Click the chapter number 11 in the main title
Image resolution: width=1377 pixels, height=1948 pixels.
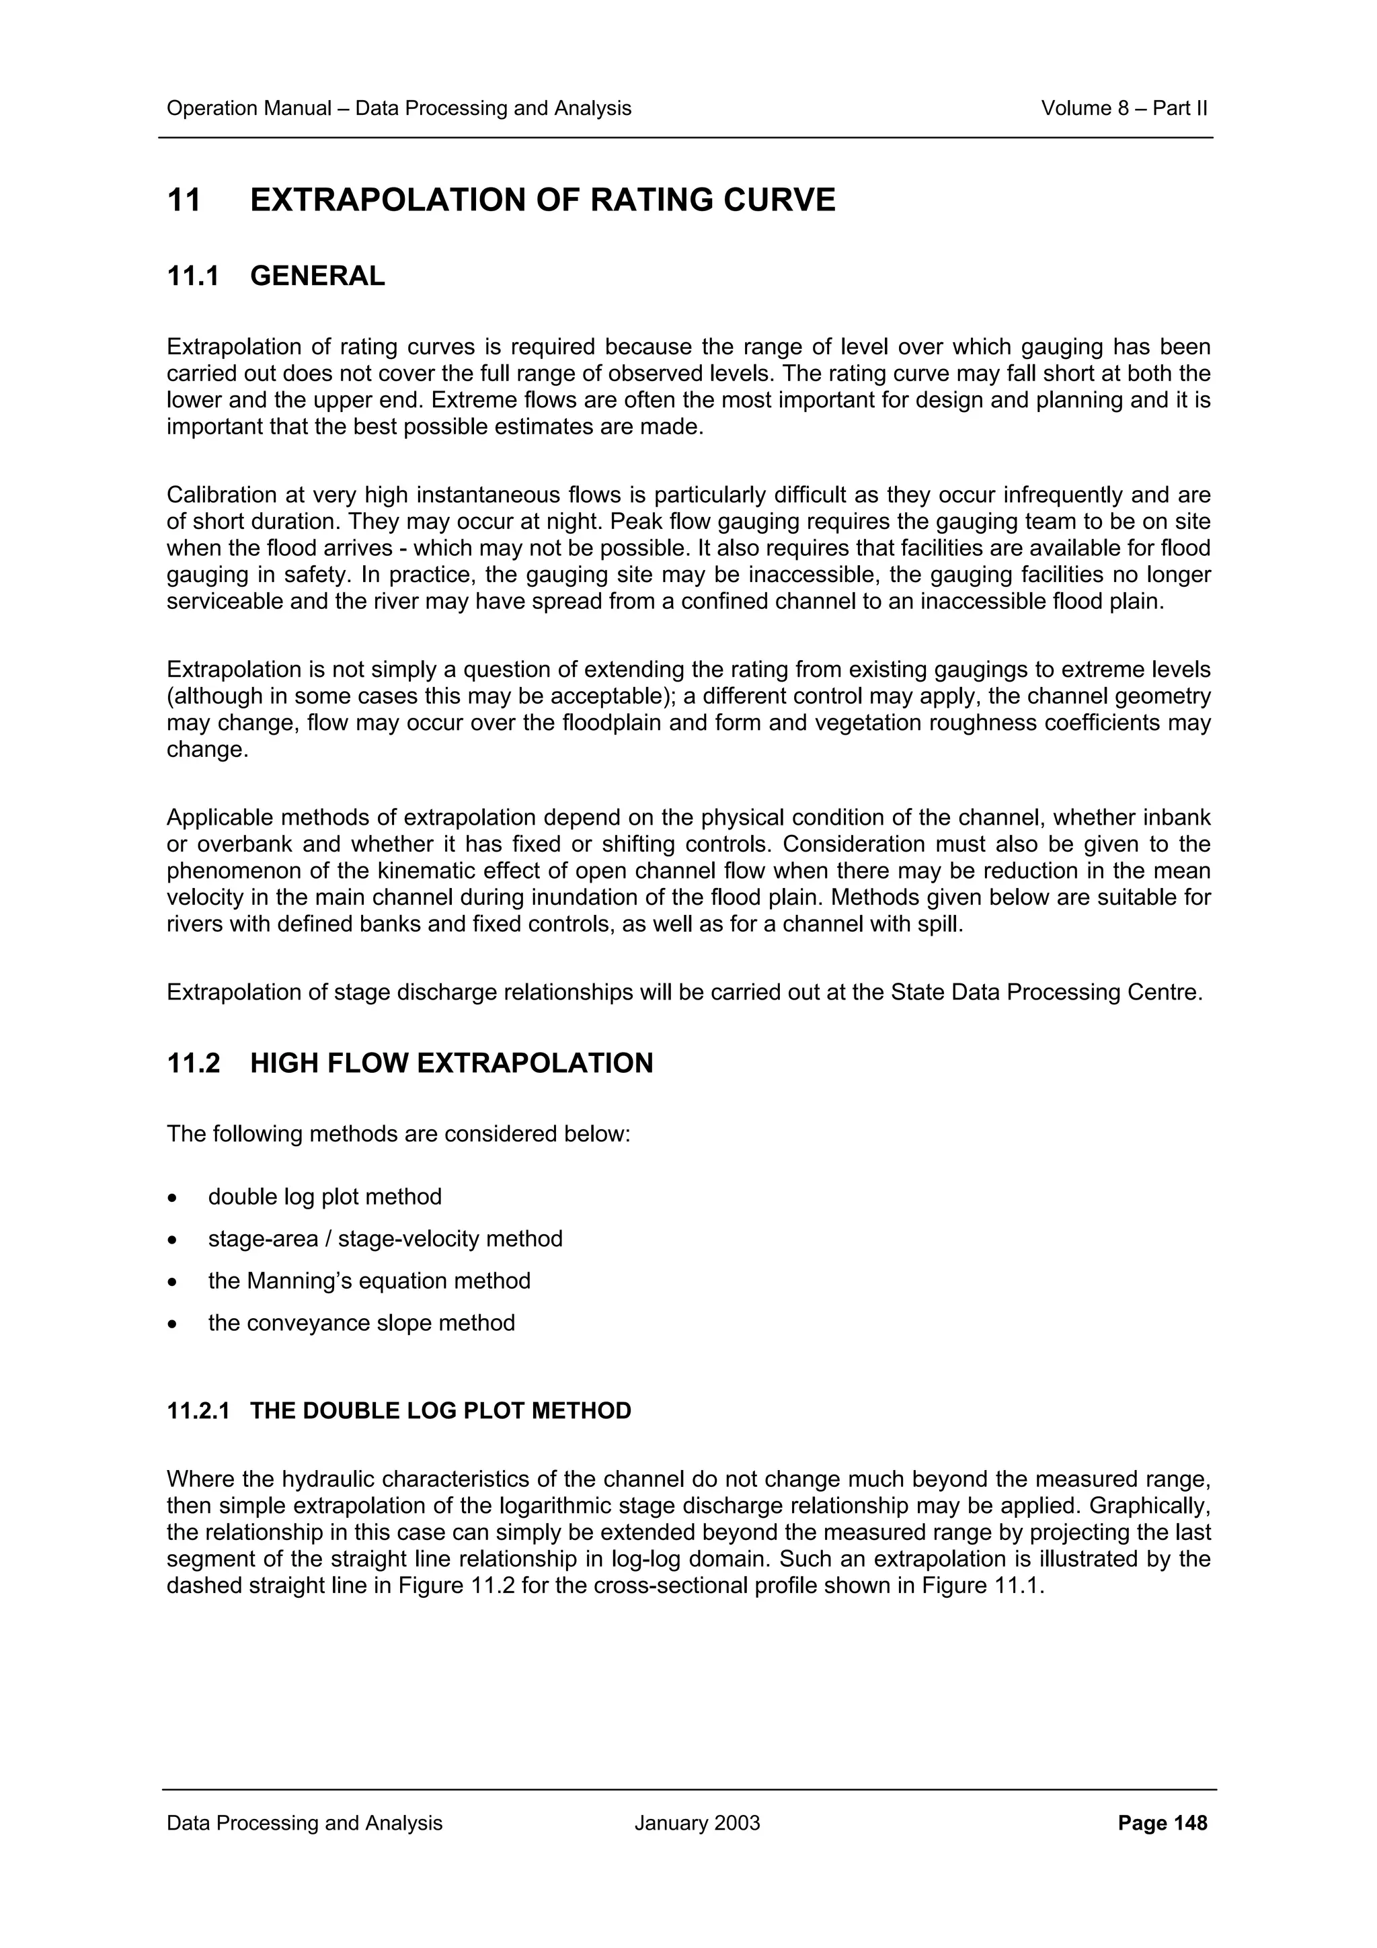point(184,201)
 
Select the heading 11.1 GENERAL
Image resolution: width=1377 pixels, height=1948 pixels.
point(276,276)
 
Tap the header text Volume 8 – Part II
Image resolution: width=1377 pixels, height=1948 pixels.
point(1124,109)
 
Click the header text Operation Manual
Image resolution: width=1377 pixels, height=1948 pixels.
point(249,109)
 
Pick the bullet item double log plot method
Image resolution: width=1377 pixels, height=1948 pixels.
point(325,1197)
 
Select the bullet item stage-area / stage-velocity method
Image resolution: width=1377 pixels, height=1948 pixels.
point(385,1240)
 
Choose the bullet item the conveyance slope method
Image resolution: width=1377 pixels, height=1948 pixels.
point(362,1324)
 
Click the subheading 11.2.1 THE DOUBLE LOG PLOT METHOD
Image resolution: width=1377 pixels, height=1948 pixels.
point(399,1411)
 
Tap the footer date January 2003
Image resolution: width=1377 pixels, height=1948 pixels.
point(697,1823)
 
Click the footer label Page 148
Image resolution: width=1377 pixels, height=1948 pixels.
point(1163,1823)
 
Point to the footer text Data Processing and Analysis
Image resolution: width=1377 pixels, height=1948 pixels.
point(305,1823)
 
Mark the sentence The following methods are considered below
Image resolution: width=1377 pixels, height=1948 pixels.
point(399,1135)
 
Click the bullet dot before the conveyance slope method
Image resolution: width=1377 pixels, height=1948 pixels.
point(173,1324)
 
